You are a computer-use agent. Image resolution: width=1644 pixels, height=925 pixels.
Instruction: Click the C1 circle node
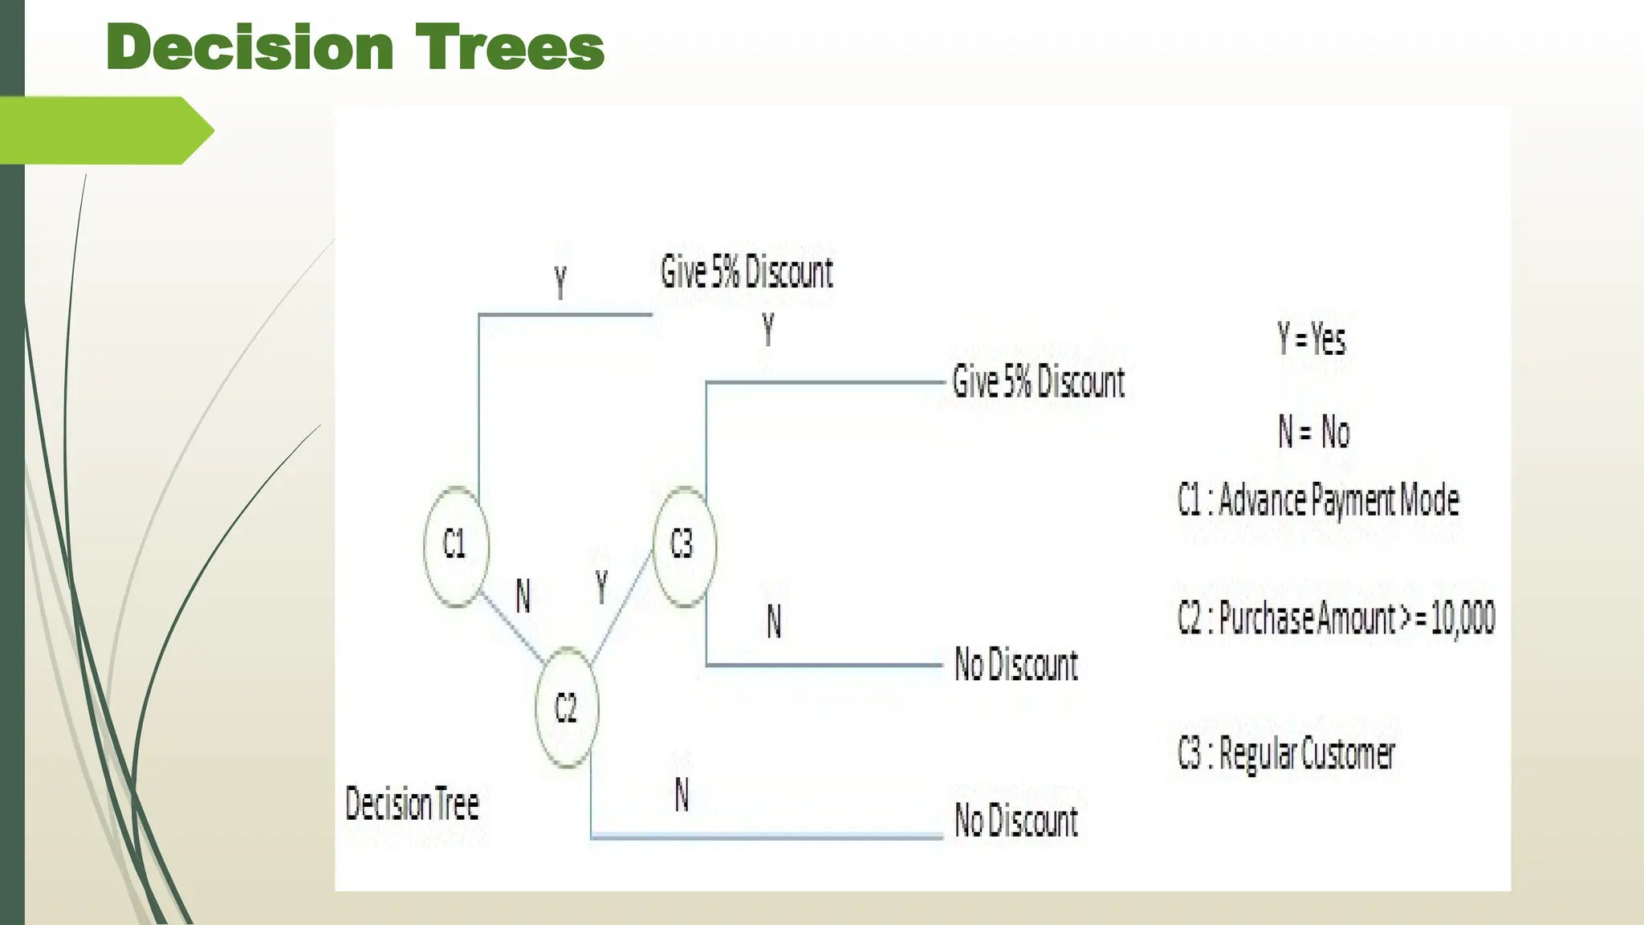pos(455,546)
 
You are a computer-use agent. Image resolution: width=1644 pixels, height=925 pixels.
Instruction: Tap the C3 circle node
pos(683,546)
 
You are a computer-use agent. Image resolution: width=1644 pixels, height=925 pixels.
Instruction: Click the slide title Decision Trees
pos(354,47)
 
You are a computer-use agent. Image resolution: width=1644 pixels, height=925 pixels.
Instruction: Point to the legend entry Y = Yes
pos(1311,339)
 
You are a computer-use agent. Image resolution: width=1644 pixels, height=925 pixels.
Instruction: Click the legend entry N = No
pos(1314,432)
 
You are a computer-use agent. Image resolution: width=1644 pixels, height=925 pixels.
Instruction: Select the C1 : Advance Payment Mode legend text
pos(1318,500)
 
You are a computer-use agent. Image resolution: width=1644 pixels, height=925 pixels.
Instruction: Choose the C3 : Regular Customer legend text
pos(1286,754)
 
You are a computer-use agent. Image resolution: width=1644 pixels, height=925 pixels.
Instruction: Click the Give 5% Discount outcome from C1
pos(747,272)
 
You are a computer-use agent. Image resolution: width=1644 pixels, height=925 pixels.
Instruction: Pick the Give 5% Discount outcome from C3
pos(1038,381)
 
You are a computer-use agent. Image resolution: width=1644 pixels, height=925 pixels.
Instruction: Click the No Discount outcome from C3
pos(1015,665)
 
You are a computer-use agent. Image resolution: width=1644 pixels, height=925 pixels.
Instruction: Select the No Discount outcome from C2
pos(1015,821)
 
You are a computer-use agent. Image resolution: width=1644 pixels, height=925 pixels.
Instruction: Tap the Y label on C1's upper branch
pos(560,283)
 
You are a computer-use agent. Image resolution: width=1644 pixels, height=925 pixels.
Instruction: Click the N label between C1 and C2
pos(523,597)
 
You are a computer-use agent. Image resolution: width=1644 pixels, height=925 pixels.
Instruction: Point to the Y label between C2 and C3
pos(601,586)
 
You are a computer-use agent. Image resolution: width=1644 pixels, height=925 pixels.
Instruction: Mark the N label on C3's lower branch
pos(774,621)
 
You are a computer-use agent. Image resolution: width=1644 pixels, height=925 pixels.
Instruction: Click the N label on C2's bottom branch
pos(682,795)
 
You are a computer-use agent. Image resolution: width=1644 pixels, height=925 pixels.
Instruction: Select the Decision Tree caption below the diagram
pos(412,804)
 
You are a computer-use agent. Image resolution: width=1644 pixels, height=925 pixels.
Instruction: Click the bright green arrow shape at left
pos(104,130)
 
